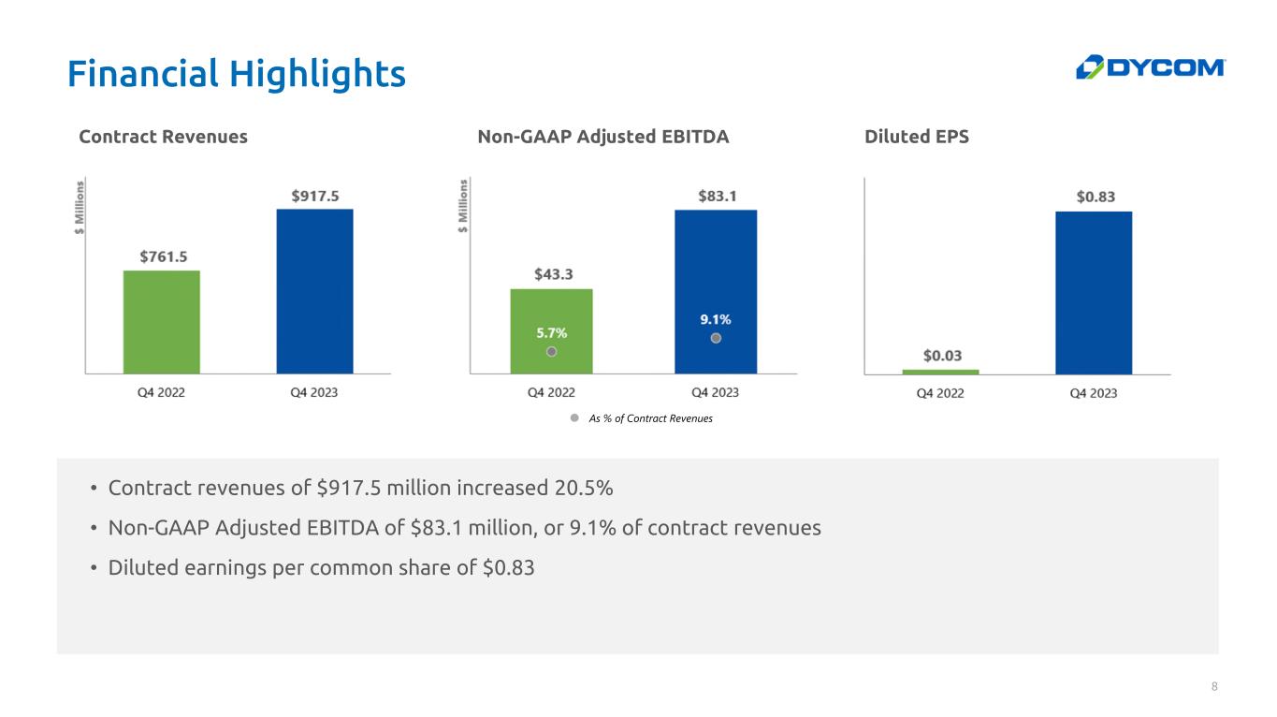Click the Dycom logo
tap(1150, 67)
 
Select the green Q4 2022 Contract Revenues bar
tap(161, 322)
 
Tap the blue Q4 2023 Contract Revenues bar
tap(314, 291)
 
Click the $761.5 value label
tap(162, 256)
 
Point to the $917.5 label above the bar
tap(314, 195)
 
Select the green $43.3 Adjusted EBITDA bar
tap(551, 309)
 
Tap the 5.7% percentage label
tap(551, 331)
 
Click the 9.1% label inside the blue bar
tap(716, 318)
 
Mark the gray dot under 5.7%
tap(552, 351)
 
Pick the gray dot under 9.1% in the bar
tap(716, 338)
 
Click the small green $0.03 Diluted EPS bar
tap(940, 372)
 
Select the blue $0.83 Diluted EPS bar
tap(1094, 292)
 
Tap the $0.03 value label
tap(940, 356)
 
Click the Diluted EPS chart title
tap(917, 137)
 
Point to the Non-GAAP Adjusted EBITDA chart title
tap(602, 137)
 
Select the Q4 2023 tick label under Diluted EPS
tap(1094, 393)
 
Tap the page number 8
tap(1214, 688)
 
